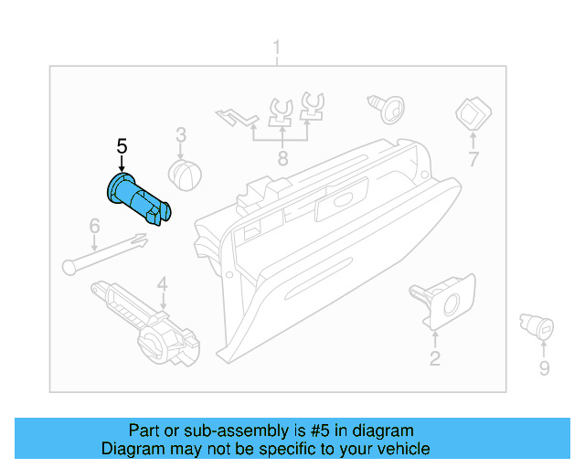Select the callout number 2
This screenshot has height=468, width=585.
tap(434, 358)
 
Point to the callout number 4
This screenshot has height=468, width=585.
tap(162, 284)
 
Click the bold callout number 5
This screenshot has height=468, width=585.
tap(122, 145)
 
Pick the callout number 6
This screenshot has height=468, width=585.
tap(93, 226)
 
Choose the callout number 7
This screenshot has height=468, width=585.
tap(473, 160)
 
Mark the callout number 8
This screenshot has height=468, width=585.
tap(282, 159)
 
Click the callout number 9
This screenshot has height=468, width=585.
tap(544, 367)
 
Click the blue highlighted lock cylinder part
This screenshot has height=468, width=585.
tap(137, 197)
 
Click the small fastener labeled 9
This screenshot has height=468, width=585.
tap(534, 324)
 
